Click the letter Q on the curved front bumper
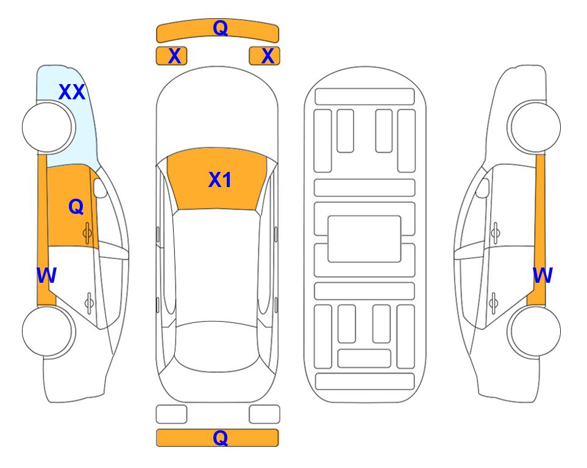[220, 28]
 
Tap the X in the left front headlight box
[174, 56]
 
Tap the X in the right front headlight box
[268, 56]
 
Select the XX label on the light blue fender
[72, 92]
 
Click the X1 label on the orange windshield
[220, 180]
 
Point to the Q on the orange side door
[76, 207]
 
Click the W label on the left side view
[46, 275]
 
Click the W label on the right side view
[543, 275]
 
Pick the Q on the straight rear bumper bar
[220, 438]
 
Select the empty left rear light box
[171, 414]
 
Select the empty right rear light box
[265, 414]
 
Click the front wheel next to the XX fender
[48, 127]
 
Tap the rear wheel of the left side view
[48, 331]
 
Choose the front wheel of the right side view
[534, 127]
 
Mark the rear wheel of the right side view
[534, 331]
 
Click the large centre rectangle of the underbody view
[365, 239]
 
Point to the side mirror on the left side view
[100, 188]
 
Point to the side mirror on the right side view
[482, 188]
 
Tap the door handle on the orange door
[87, 233]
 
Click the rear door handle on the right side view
[494, 303]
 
